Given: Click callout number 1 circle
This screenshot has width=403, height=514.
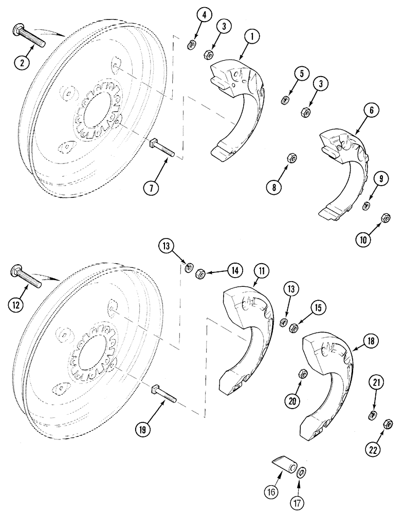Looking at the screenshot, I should [x=253, y=38].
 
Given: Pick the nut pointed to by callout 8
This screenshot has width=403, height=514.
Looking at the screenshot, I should [x=289, y=158].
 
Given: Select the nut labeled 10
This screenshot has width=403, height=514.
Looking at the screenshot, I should [x=384, y=219].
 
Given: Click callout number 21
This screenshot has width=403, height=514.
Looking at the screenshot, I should [x=377, y=383].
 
